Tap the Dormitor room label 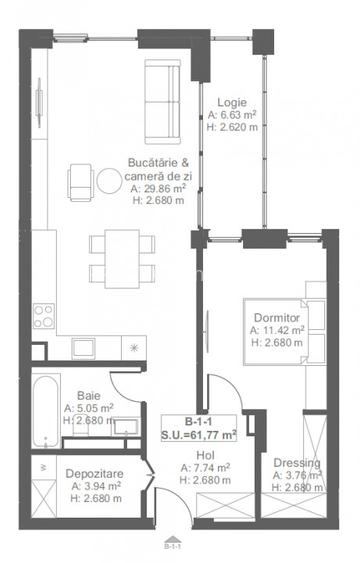275,317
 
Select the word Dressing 296,463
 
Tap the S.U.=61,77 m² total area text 199,435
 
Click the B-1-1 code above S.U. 199,422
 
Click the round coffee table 108,180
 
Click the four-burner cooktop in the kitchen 44,316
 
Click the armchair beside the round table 80,180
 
